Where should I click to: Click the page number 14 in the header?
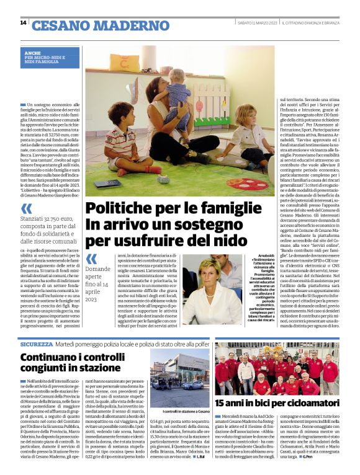[23, 23]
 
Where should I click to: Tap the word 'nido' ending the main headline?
[233, 239]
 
